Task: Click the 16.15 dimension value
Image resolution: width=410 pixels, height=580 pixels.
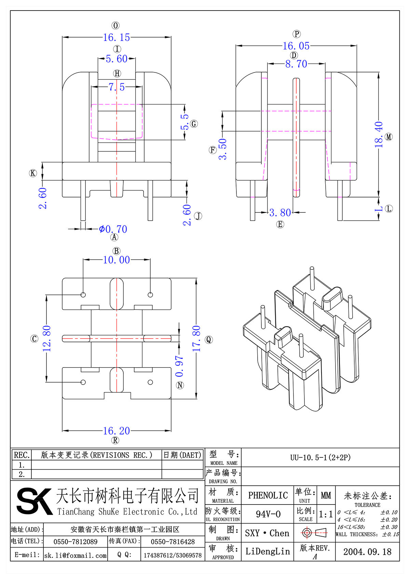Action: (117, 38)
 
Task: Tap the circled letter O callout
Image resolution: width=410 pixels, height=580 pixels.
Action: (115, 26)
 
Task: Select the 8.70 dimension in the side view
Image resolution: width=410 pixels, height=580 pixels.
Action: (296, 64)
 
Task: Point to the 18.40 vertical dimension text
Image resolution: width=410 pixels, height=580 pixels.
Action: (379, 135)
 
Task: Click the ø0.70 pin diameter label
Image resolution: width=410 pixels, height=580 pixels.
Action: (113, 229)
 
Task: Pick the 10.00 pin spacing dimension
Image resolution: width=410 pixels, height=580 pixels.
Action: (117, 260)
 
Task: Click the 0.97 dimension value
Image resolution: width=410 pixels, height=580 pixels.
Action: (179, 366)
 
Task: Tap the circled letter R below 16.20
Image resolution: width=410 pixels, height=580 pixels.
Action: (115, 440)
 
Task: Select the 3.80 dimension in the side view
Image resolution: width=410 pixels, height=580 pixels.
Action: (280, 213)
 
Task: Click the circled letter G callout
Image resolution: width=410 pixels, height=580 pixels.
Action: (194, 124)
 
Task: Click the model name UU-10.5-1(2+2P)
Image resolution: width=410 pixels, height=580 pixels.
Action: (320, 457)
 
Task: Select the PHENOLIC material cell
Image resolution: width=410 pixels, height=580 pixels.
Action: (268, 495)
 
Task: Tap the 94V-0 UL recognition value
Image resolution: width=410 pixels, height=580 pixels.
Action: (268, 514)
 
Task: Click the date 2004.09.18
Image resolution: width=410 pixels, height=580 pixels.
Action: (367, 552)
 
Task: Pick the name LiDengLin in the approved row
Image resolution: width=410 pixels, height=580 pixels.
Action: (268, 551)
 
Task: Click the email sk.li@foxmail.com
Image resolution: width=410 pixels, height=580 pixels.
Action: (76, 555)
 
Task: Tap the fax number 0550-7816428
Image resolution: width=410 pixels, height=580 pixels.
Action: (173, 542)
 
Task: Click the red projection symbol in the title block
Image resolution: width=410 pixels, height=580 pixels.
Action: (307, 533)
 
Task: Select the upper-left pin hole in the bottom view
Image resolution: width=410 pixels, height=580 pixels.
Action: (83, 295)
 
